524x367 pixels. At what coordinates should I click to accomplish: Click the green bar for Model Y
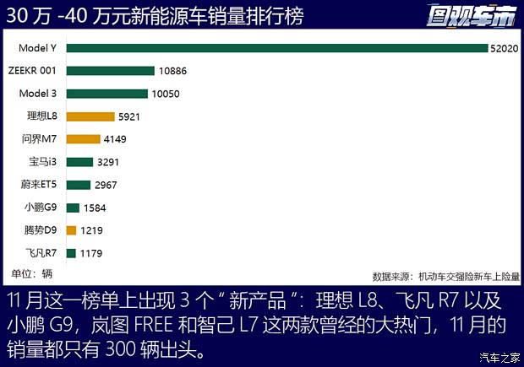tap(276, 48)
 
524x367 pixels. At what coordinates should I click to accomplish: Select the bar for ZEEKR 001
tap(110, 71)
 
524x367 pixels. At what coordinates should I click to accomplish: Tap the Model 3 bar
tap(106, 94)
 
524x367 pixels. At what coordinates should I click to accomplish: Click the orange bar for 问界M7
tap(82, 139)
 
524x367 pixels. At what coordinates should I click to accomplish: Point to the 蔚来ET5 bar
tap(78, 185)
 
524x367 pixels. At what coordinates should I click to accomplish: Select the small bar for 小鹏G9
tap(72, 208)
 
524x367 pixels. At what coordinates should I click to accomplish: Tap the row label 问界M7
tap(39, 139)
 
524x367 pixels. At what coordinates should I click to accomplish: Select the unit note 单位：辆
tap(32, 273)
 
